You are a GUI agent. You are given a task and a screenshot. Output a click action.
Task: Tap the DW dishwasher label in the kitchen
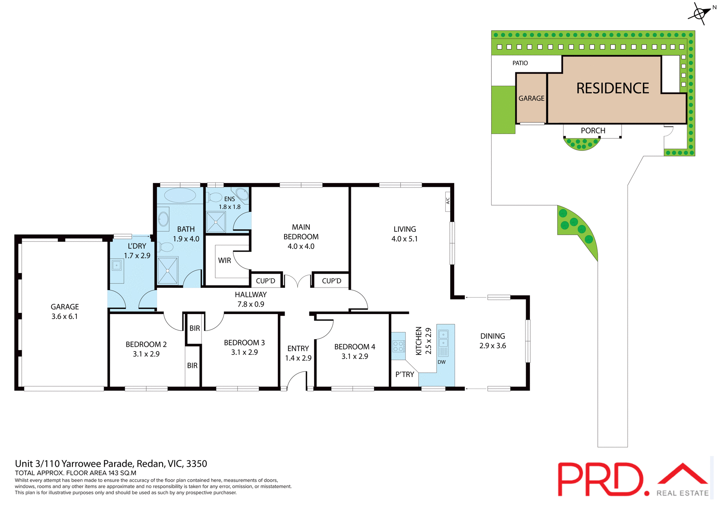tap(442, 362)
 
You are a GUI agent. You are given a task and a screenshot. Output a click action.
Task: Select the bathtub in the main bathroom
tap(180, 195)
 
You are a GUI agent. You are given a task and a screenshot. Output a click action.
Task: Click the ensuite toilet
tap(215, 197)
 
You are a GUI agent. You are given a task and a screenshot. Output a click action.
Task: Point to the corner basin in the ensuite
tap(242, 194)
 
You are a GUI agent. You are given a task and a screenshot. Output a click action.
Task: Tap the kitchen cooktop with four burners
tap(398, 346)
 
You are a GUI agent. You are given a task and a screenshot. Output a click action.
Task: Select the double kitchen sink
tap(443, 339)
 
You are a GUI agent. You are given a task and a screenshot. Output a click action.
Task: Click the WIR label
tap(225, 261)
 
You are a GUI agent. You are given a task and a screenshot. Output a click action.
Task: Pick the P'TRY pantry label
tap(405, 374)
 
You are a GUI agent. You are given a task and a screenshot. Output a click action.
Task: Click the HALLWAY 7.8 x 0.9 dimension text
tap(251, 304)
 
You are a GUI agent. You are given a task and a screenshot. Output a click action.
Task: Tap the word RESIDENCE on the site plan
tap(613, 89)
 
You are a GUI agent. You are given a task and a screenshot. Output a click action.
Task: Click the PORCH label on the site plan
tap(593, 131)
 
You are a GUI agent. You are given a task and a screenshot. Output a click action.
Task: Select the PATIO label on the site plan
tap(520, 63)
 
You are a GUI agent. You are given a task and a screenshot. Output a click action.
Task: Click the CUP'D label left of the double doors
tap(266, 281)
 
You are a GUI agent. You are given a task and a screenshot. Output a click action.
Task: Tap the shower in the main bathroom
tap(167, 271)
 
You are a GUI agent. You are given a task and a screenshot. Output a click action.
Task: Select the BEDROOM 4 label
tap(355, 347)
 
